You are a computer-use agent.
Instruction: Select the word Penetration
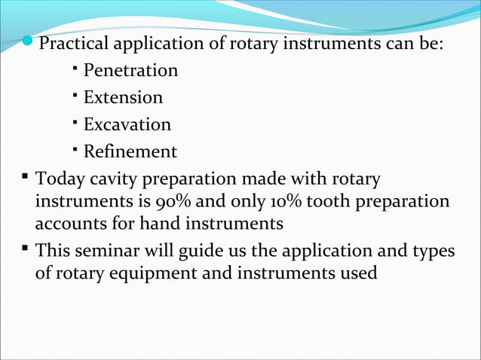(130, 71)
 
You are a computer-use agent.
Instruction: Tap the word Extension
(123, 98)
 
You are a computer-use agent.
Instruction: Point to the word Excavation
(127, 124)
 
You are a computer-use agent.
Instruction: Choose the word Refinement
(130, 151)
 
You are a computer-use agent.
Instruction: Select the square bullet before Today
(26, 178)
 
